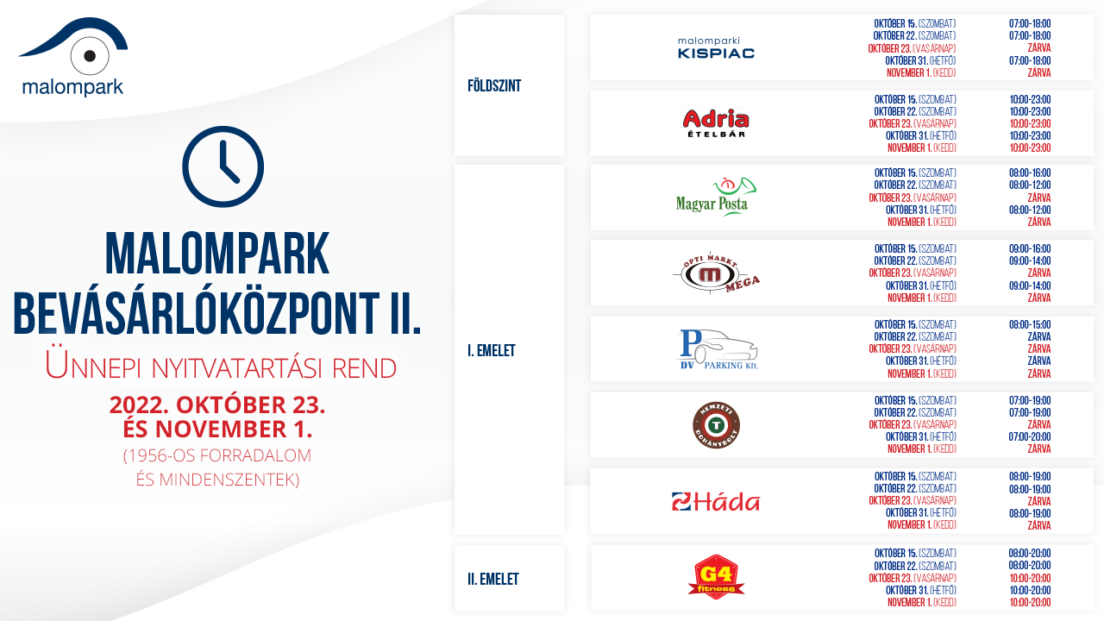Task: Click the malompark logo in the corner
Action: click(x=74, y=57)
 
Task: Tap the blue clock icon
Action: click(x=223, y=166)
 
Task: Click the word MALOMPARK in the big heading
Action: click(x=216, y=254)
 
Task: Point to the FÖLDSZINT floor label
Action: click(x=494, y=85)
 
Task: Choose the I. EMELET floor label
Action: click(x=492, y=351)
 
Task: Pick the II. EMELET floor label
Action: click(x=493, y=579)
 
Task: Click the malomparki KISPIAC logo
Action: click(x=716, y=47)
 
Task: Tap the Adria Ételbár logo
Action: click(x=716, y=122)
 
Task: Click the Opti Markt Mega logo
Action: click(x=716, y=273)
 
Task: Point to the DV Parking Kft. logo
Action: click(x=717, y=349)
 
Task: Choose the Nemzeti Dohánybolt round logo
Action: click(x=716, y=425)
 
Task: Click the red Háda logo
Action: click(x=716, y=502)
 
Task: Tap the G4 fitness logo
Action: click(x=716, y=577)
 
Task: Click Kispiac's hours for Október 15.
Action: click(x=1030, y=23)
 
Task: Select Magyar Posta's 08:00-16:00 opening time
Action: click(x=1030, y=173)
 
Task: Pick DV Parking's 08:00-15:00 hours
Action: click(x=1030, y=325)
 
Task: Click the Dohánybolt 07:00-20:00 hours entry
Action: click(x=1030, y=436)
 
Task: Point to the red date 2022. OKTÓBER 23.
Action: click(x=217, y=405)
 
